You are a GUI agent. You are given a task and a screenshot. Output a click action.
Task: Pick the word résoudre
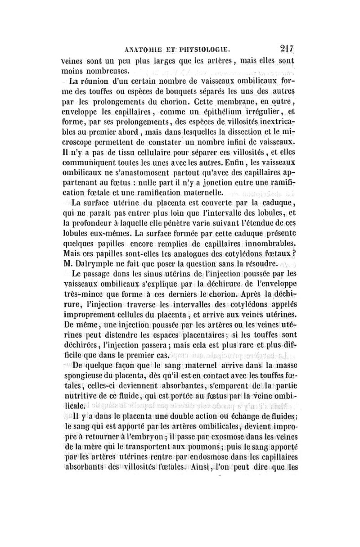coord(254,264)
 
